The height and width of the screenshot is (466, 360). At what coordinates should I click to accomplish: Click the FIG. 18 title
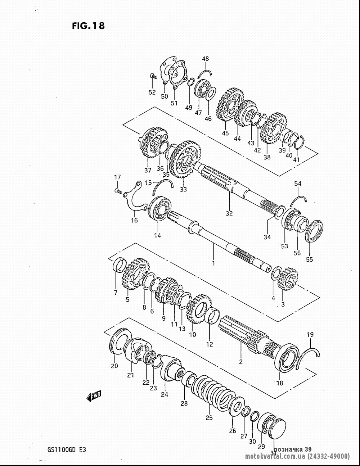[x=88, y=26]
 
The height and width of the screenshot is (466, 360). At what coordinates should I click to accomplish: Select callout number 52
[x=152, y=92]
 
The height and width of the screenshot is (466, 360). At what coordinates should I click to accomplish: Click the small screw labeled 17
[x=118, y=190]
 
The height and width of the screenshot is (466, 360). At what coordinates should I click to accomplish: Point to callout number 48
[x=205, y=59]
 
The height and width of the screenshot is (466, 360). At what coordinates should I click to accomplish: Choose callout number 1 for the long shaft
[x=213, y=263]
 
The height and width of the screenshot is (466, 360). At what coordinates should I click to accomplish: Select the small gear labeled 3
[x=288, y=279]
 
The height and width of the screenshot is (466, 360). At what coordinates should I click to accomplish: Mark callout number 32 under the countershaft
[x=229, y=213]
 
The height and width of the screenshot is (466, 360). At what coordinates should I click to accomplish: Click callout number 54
[x=298, y=184]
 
